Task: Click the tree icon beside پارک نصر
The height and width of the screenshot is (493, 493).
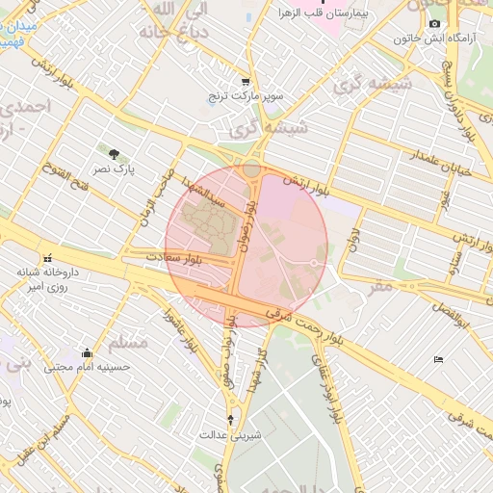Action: [x=115, y=154]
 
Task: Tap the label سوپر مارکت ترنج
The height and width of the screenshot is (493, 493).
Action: [x=246, y=97]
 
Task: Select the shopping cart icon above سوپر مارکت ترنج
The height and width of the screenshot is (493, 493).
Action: [x=246, y=82]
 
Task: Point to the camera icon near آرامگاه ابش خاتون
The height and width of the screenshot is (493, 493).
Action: [x=434, y=23]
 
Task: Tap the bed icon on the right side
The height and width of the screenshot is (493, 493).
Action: [x=438, y=360]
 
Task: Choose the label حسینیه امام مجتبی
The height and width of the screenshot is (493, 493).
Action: [x=89, y=368]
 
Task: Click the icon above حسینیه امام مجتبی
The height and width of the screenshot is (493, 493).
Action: [x=88, y=352]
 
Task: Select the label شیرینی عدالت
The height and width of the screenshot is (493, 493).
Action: [x=231, y=434]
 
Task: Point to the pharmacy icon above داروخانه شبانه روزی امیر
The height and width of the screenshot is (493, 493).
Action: [x=47, y=258]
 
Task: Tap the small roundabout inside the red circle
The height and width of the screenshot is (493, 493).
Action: [x=314, y=262]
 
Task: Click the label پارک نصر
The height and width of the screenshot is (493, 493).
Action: [x=115, y=169]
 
